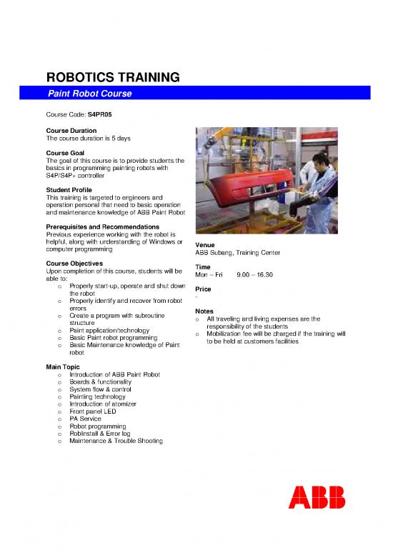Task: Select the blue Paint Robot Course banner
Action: click(x=207, y=94)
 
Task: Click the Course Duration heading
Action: click(x=71, y=131)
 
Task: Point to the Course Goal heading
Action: click(x=64, y=153)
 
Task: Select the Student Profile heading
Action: click(x=69, y=189)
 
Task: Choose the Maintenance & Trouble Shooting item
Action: click(x=116, y=441)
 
